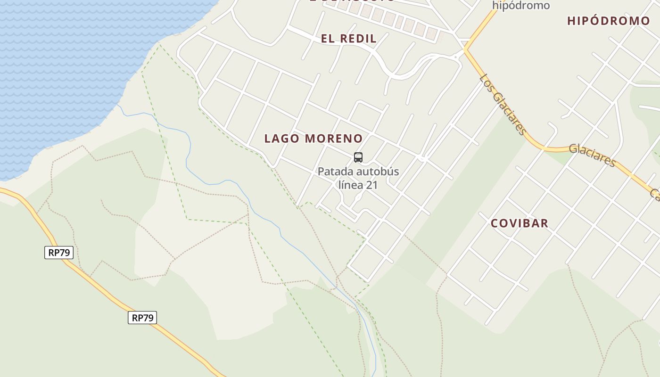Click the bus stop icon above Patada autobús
[358, 157]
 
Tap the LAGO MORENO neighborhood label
[313, 139]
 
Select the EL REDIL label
[349, 39]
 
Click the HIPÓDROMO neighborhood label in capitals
[609, 21]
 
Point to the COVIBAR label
[520, 223]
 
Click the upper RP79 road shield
[59, 253]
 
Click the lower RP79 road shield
[142, 318]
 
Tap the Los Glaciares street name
[503, 104]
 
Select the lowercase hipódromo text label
[521, 6]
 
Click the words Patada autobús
[358, 172]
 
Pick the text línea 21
[358, 185]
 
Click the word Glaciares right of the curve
[592, 155]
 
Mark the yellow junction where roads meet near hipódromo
[465, 49]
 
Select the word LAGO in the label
[282, 139]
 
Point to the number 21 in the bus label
[372, 185]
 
